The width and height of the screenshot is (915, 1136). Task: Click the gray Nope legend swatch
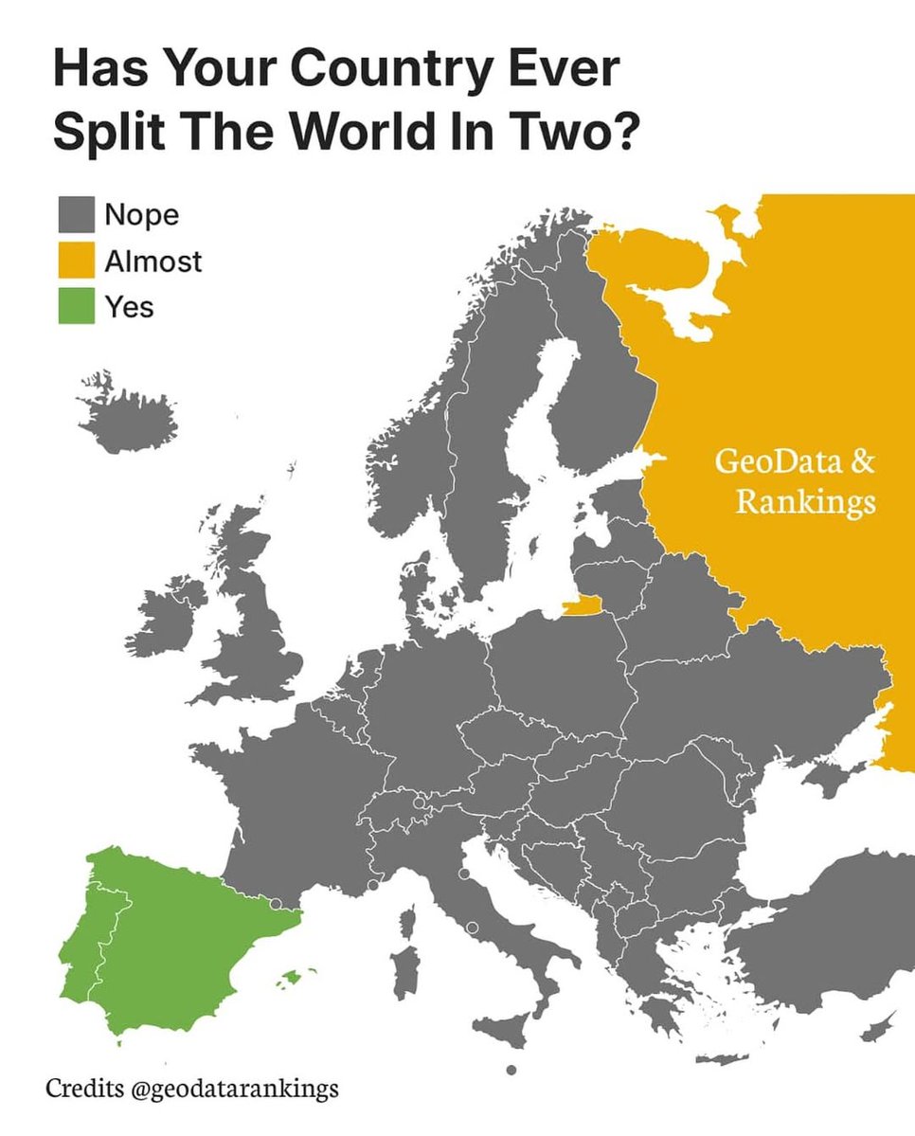point(76,215)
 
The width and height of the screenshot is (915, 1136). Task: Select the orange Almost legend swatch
point(76,261)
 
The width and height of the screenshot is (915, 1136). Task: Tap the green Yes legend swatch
point(76,306)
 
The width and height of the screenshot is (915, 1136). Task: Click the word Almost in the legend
point(152,261)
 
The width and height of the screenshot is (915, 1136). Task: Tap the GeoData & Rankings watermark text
point(794,482)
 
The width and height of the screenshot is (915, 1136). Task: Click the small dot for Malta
point(511,1070)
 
